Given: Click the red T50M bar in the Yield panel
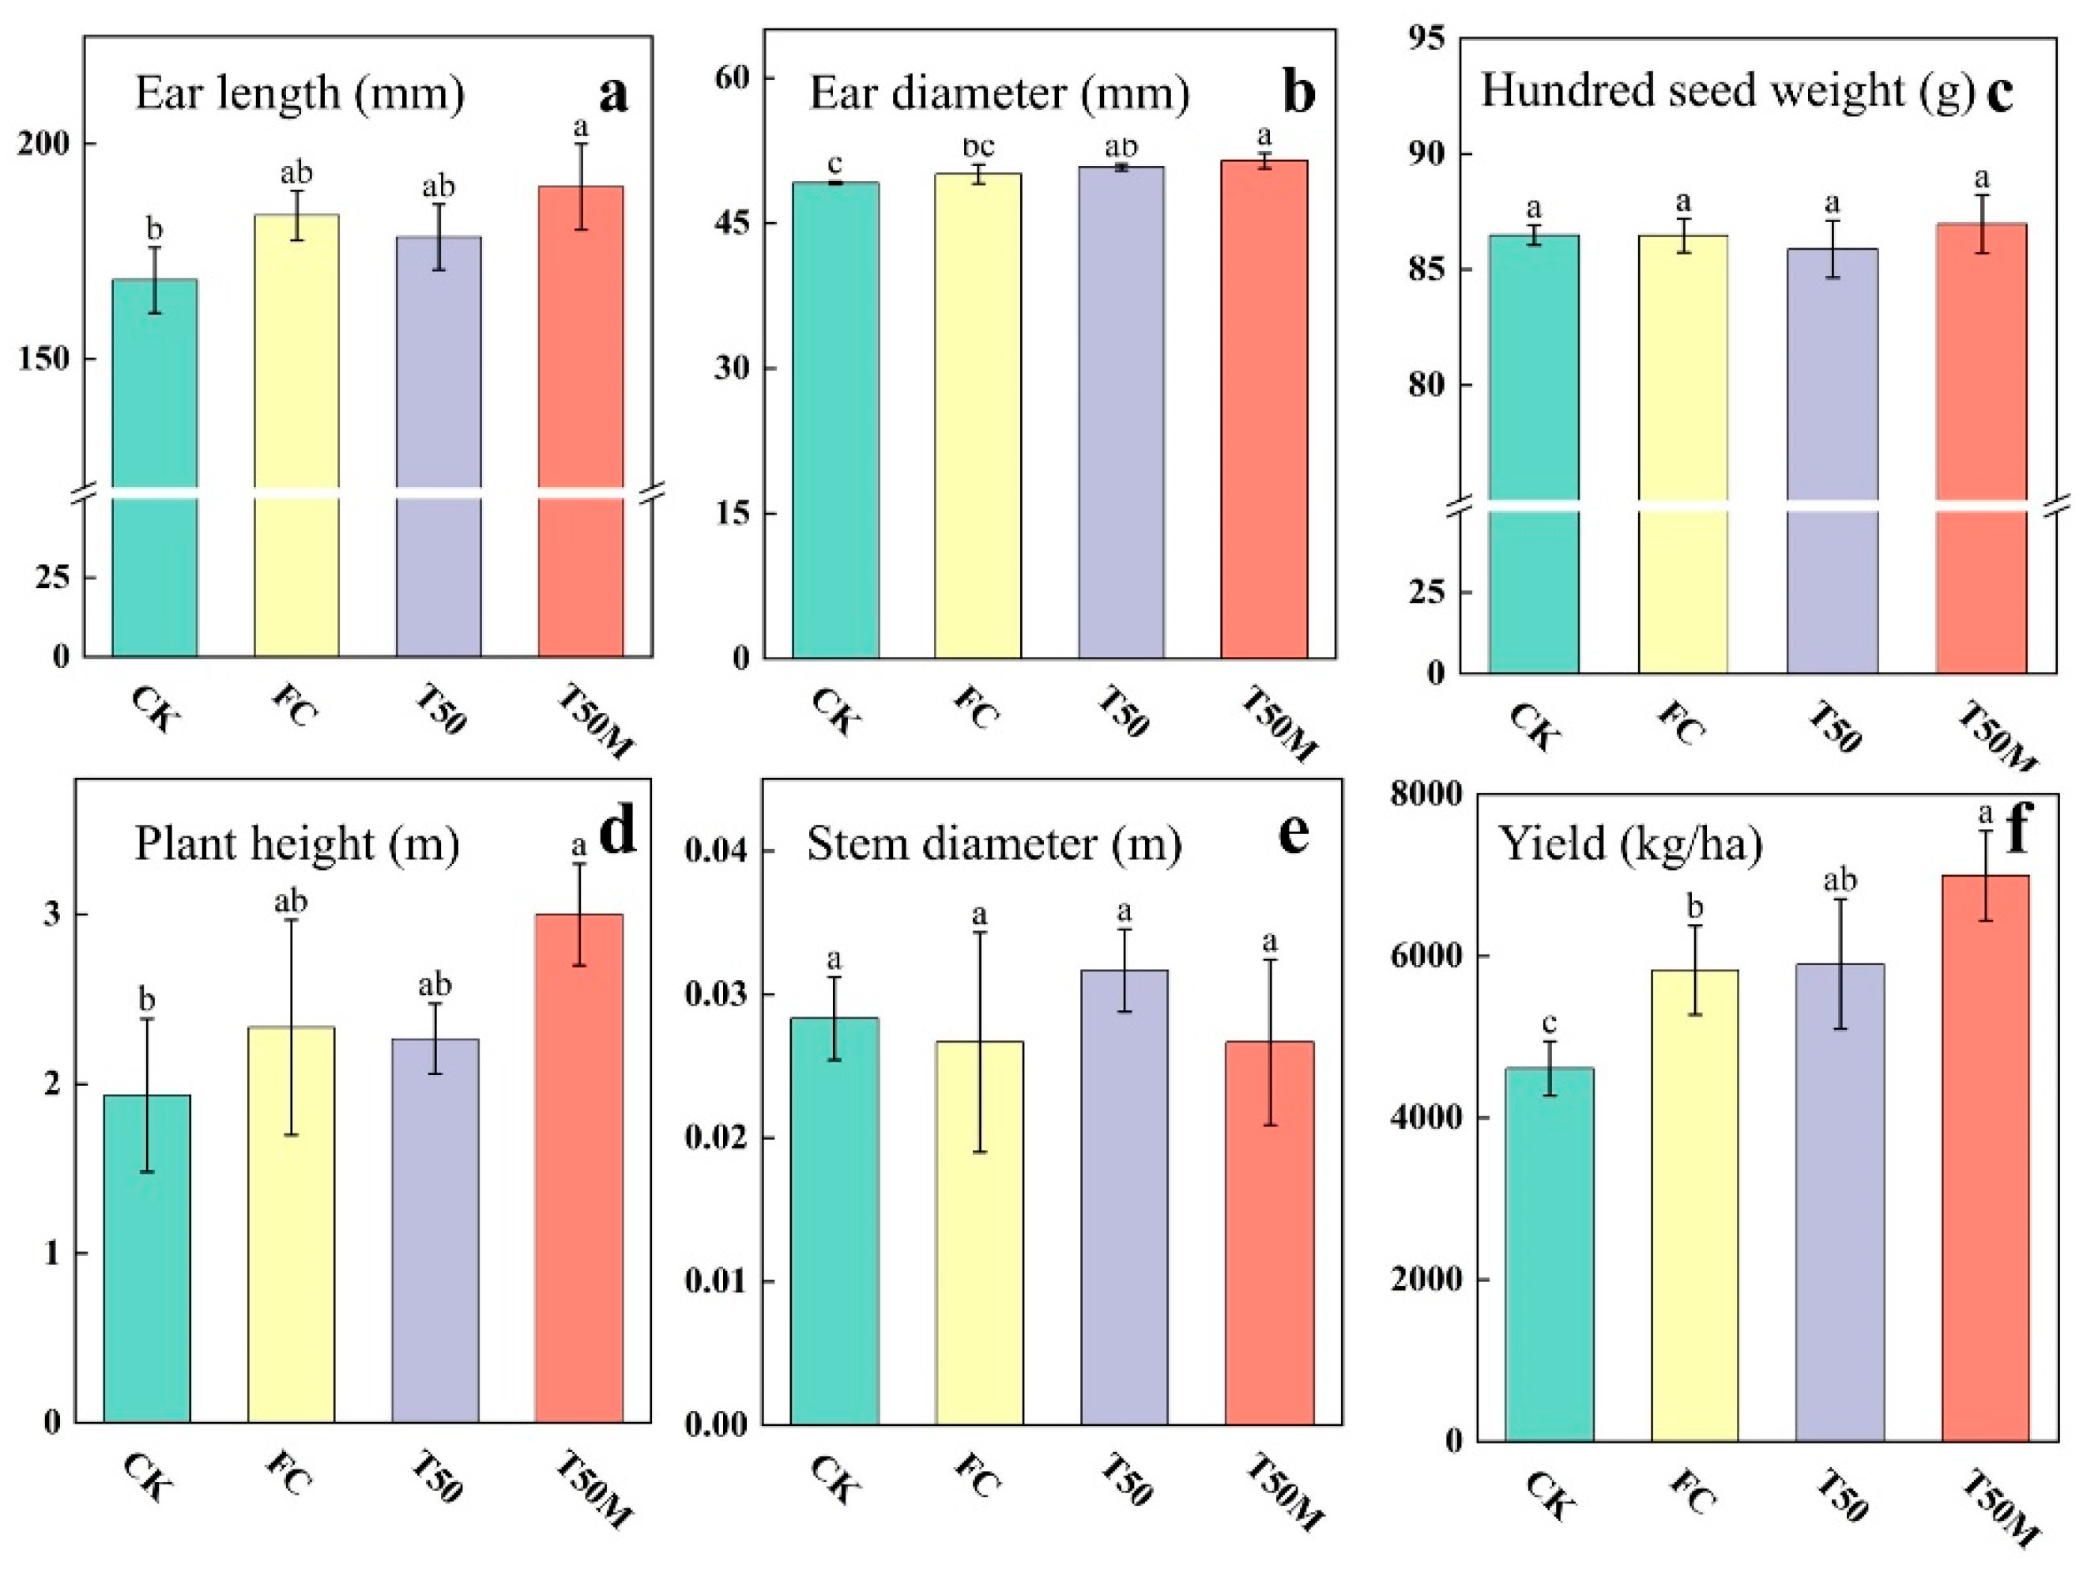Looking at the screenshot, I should (x=1985, y=1160).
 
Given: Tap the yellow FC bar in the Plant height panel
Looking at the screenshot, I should (x=291, y=1227).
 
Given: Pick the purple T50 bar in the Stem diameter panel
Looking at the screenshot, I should (x=1124, y=1198).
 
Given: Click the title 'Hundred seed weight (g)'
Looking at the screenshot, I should (x=1727, y=92).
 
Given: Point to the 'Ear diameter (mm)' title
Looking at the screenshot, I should (x=999, y=93).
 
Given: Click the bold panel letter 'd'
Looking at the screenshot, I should (x=618, y=832).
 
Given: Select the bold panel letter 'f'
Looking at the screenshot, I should (x=2016, y=831).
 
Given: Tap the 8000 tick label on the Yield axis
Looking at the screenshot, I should (x=1426, y=794).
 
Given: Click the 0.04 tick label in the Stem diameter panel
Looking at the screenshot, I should (x=715, y=851).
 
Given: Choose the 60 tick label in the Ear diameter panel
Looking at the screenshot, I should (x=731, y=77).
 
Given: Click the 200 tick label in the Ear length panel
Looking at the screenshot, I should (x=43, y=145).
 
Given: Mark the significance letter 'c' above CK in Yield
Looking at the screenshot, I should (x=1548, y=1023).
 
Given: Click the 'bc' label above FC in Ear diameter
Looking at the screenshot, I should (x=978, y=147).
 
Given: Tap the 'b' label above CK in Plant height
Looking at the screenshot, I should (x=147, y=998).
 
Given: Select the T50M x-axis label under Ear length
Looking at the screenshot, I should (x=595, y=722).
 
